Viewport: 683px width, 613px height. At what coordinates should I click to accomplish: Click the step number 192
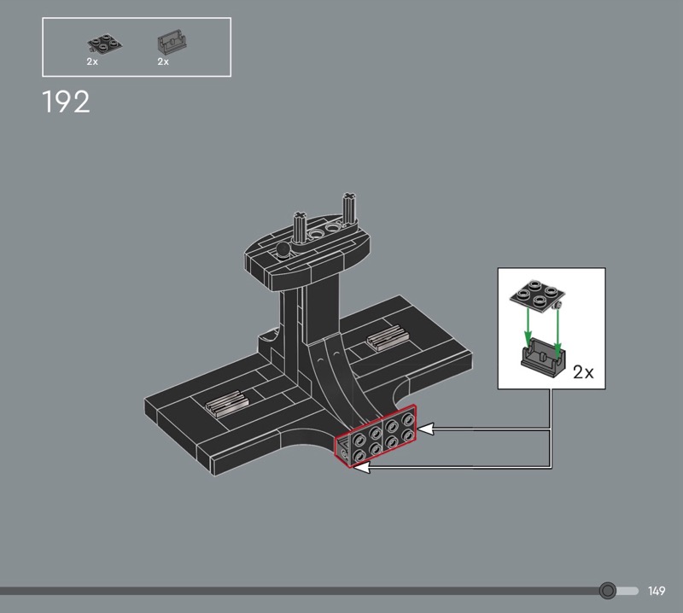tap(67, 102)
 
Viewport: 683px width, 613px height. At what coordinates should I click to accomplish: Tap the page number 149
tap(657, 591)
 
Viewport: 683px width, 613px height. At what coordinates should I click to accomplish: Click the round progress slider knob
tap(607, 591)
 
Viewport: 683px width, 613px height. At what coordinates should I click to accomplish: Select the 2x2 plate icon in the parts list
tap(104, 44)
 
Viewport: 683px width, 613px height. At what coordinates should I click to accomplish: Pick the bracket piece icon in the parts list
tap(172, 42)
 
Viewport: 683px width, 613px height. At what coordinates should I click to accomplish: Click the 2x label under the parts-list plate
tap(92, 61)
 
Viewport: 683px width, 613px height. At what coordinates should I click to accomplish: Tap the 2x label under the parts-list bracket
tap(163, 61)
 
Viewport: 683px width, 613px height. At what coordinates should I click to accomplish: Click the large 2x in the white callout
tap(583, 372)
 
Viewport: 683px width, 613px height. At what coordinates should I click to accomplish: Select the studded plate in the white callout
tap(538, 295)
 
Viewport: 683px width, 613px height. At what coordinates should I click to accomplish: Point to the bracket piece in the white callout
tap(543, 355)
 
